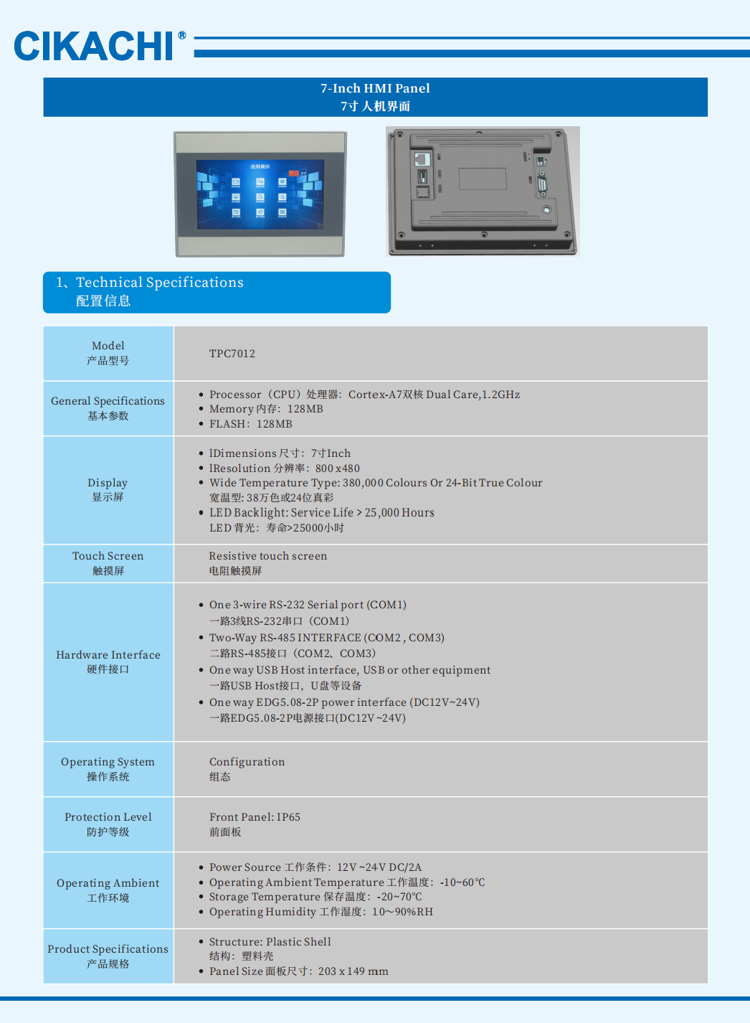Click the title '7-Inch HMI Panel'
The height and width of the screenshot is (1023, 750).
pos(375,88)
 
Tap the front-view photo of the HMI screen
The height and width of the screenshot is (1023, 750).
pos(260,194)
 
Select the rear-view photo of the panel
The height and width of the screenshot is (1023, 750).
pos(483,191)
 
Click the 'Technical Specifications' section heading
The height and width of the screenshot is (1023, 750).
pos(160,283)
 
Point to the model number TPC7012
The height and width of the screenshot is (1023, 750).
pos(232,354)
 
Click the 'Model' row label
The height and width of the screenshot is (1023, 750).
pos(108,346)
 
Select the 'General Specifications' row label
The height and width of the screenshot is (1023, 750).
pos(108,401)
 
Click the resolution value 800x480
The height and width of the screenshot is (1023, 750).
pos(338,468)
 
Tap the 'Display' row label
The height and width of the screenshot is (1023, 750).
pos(108,483)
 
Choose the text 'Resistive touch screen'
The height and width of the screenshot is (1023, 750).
pos(268,556)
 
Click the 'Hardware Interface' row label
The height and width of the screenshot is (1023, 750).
pos(108,655)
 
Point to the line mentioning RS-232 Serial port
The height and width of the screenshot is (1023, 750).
pos(308,605)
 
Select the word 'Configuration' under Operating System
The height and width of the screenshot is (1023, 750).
pos(247,762)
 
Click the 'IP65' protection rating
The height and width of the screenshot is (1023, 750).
pos(288,817)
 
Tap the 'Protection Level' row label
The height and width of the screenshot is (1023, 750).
pos(108,817)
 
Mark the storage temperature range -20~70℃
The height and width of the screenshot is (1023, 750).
pos(399,897)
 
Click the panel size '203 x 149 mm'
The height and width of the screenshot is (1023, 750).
pos(353,971)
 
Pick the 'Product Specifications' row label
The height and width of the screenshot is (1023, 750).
pos(108,949)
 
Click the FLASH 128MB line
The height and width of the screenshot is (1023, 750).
pos(251,424)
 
